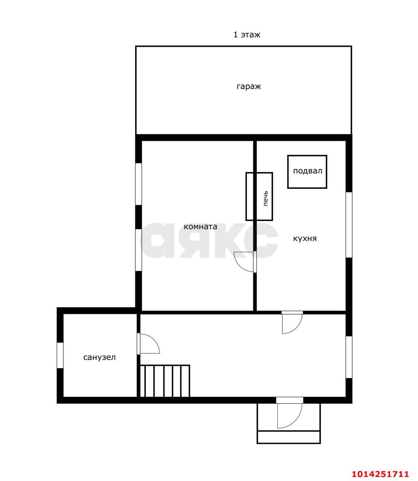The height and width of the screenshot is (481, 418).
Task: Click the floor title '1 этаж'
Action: pos(247,35)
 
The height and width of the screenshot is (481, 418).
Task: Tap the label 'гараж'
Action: pos(248,86)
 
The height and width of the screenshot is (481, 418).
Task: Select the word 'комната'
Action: pos(200,227)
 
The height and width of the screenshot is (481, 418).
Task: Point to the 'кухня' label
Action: pos(305,238)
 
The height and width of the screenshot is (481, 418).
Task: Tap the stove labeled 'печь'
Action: pos(259,197)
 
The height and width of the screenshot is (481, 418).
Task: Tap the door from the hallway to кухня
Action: pos(292,322)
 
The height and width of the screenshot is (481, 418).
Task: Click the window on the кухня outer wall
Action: pos(349,225)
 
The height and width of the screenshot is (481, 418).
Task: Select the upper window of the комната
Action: pos(139,184)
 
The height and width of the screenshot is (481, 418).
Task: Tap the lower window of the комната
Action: pos(139,250)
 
